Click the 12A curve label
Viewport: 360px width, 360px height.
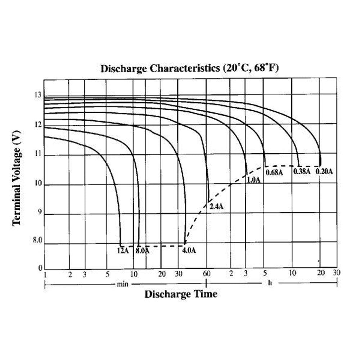point(123,251)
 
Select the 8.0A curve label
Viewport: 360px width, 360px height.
point(143,251)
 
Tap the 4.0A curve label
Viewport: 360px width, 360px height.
point(189,251)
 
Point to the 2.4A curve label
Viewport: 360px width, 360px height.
point(216,207)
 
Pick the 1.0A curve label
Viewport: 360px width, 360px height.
point(253,180)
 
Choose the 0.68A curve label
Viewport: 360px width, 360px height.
point(274,172)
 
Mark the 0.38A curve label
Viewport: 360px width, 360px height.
point(302,171)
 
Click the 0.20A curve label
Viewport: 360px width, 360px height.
point(324,171)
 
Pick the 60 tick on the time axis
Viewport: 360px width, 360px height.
point(207,274)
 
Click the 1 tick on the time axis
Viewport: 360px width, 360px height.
point(45,275)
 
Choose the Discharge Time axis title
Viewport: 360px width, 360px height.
point(181,294)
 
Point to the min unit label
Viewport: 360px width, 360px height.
point(122,284)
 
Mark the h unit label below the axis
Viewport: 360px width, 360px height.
point(270,283)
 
